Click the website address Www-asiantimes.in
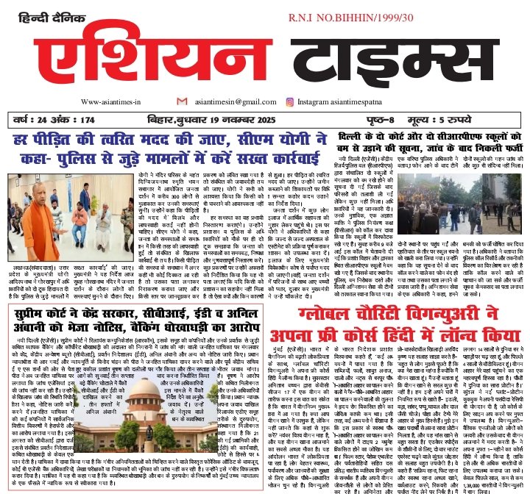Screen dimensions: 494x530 [x=111, y=102]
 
